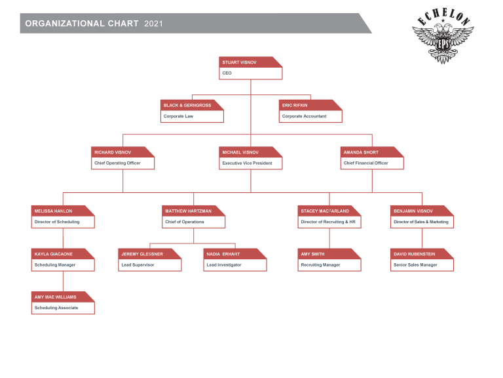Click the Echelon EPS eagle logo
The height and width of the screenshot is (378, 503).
pos(443,35)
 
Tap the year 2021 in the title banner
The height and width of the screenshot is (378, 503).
pos(153,24)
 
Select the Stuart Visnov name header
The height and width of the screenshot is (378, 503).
pos(239,62)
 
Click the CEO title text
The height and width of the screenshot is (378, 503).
pos(227,73)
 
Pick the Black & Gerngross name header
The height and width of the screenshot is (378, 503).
pos(187,106)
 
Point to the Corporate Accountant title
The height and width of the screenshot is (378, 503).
pos(304,116)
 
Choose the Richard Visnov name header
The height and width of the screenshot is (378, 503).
pos(113,152)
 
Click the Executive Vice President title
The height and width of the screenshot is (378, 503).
pos(247,163)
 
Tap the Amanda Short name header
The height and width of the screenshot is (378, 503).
pos(361,152)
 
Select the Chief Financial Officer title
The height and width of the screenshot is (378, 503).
pos(365,163)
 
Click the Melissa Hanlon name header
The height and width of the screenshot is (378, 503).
pos(53,211)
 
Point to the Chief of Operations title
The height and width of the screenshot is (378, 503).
pos(185,222)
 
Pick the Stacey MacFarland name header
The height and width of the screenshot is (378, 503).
pos(325,211)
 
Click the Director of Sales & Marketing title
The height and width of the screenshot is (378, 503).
pos(421,222)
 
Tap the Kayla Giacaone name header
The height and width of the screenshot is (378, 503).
pos(54,254)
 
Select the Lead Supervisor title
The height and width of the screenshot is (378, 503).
pos(138,265)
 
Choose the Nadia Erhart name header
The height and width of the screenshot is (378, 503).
pos(223,254)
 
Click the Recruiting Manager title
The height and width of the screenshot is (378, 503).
pos(320,265)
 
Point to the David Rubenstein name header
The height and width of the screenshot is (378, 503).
pos(415,254)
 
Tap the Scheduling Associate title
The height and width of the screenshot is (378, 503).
pos(56,308)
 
